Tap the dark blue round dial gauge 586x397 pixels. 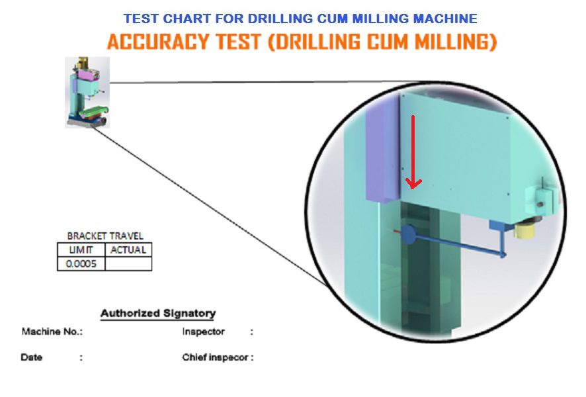point(409,234)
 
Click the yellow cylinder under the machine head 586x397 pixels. point(524,228)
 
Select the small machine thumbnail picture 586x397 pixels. point(87,93)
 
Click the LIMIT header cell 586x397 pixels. point(81,249)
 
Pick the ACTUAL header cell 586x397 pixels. point(128,249)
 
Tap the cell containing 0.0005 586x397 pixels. point(81,263)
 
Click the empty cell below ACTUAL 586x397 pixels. point(128,263)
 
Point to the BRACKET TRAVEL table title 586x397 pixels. point(105,236)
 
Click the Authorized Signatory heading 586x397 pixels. point(158,313)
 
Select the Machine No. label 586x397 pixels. point(52,331)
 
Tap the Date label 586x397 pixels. point(31,357)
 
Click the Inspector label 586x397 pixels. point(203,331)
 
